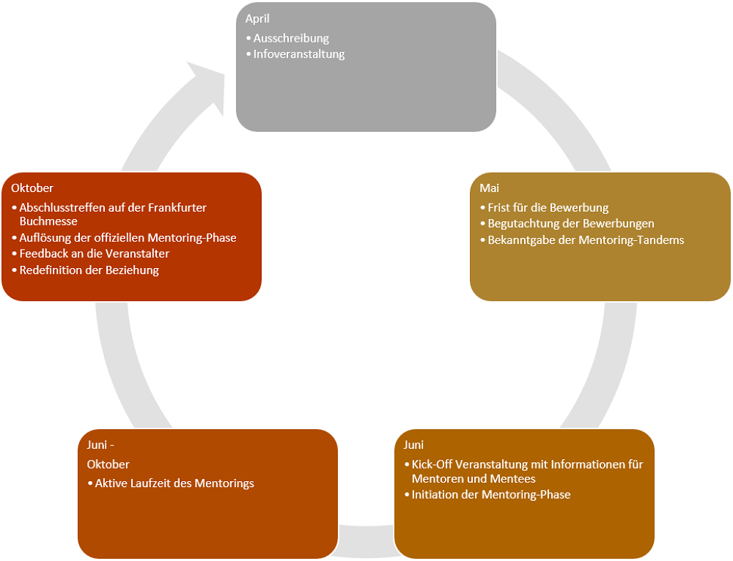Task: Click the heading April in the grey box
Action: [x=257, y=19]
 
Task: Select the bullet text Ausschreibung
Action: [x=291, y=38]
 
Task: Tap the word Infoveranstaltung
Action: [x=299, y=54]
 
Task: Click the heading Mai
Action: [x=489, y=189]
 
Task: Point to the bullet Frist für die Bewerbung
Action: [x=548, y=208]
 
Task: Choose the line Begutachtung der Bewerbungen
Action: [x=571, y=223]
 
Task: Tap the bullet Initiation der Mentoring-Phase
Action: [x=490, y=495]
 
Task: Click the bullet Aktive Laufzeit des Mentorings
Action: [x=174, y=483]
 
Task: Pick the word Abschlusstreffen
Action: [x=62, y=208]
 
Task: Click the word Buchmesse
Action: [x=48, y=221]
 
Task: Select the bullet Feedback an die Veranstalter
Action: [x=95, y=254]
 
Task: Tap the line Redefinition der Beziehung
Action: [x=89, y=270]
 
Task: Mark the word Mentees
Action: [x=512, y=479]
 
